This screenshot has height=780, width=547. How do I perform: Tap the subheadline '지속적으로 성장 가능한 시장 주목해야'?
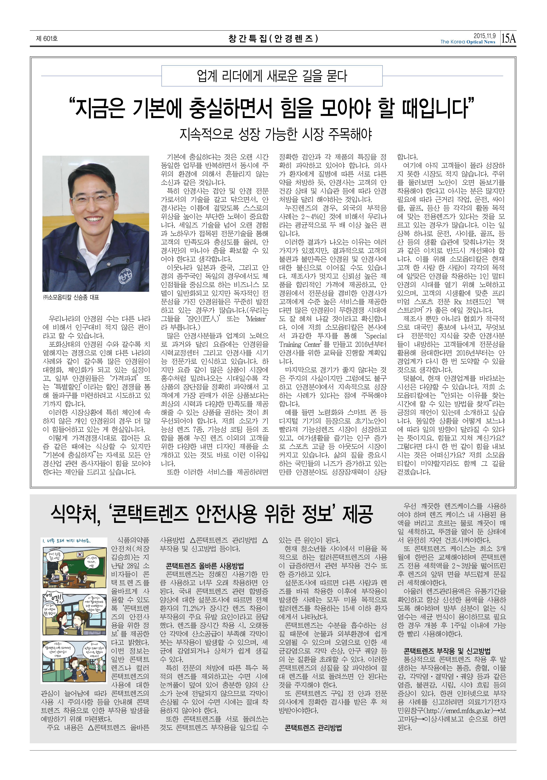coord(275,135)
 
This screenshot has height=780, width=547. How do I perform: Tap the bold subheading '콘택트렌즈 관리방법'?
coord(313,728)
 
